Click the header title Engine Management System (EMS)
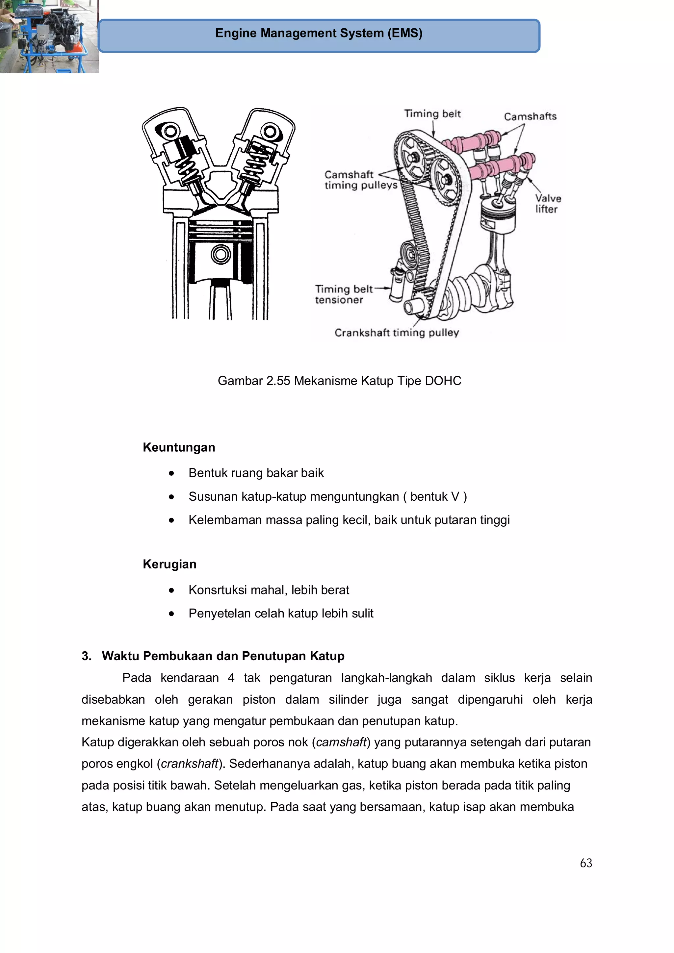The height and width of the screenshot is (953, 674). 319,33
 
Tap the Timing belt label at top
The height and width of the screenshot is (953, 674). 432,114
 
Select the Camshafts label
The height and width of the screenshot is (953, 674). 530,117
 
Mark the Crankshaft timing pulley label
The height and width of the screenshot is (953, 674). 397,333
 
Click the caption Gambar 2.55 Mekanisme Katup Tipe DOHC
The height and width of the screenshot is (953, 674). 339,381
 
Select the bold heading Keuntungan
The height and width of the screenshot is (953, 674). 179,447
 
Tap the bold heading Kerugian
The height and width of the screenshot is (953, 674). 169,564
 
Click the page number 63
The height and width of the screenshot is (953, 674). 585,863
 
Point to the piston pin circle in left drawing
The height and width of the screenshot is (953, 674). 220,254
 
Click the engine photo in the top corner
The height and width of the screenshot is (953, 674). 49,37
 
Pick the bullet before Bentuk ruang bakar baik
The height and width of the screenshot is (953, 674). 171,473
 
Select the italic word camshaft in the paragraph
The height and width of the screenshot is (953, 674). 341,742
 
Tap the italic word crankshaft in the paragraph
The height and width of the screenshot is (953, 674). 189,764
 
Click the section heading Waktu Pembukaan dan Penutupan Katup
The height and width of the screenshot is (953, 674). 223,656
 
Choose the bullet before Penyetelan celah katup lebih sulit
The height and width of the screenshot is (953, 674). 171,614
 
